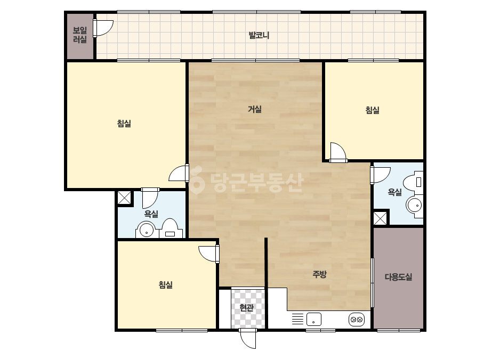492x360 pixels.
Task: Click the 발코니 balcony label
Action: point(259,35)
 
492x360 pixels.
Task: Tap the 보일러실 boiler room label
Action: point(80,35)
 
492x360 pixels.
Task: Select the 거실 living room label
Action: point(254,109)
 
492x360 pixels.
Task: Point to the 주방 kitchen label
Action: point(319,274)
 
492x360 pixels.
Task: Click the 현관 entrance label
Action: point(246,308)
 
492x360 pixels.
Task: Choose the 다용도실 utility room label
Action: point(398,277)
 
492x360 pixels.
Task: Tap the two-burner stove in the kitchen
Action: point(357,320)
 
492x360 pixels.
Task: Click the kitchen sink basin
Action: point(314,319)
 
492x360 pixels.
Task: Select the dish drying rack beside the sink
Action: point(298,319)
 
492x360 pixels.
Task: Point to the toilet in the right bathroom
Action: point(414,182)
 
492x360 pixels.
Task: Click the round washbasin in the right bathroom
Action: point(415,206)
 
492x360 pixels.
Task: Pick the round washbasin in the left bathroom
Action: point(146,230)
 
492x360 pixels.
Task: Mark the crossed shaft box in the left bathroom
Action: point(124,198)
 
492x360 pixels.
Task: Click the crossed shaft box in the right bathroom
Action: point(380,218)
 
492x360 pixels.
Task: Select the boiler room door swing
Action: point(103,28)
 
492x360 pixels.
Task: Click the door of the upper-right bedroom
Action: point(338,152)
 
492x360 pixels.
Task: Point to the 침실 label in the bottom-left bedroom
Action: point(165,285)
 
